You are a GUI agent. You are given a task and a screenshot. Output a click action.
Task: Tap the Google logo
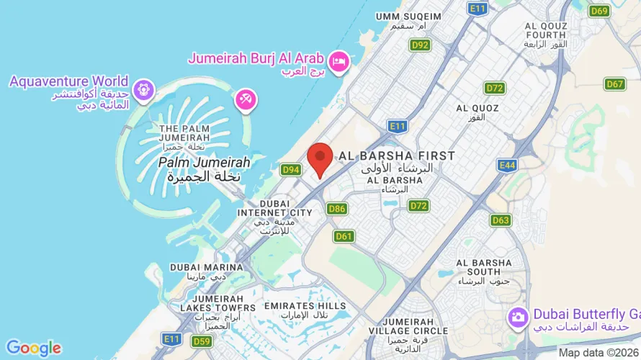33,348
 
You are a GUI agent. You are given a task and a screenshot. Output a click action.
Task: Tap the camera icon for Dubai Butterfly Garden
517,316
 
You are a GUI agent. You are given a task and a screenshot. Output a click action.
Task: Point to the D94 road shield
291,170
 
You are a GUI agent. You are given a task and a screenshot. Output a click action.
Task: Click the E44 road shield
507,166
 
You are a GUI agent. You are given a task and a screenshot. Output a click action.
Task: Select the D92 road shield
420,45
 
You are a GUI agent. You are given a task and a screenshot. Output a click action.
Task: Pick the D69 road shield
599,11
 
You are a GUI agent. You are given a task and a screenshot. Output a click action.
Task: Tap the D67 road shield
614,84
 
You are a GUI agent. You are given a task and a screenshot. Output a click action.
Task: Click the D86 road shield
337,209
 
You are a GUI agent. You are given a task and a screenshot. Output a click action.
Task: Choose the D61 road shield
344,236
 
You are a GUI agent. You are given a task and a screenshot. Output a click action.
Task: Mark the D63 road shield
501,220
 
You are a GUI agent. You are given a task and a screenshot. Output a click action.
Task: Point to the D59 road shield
202,341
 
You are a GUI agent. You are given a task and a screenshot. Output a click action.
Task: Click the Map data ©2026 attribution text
599,353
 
